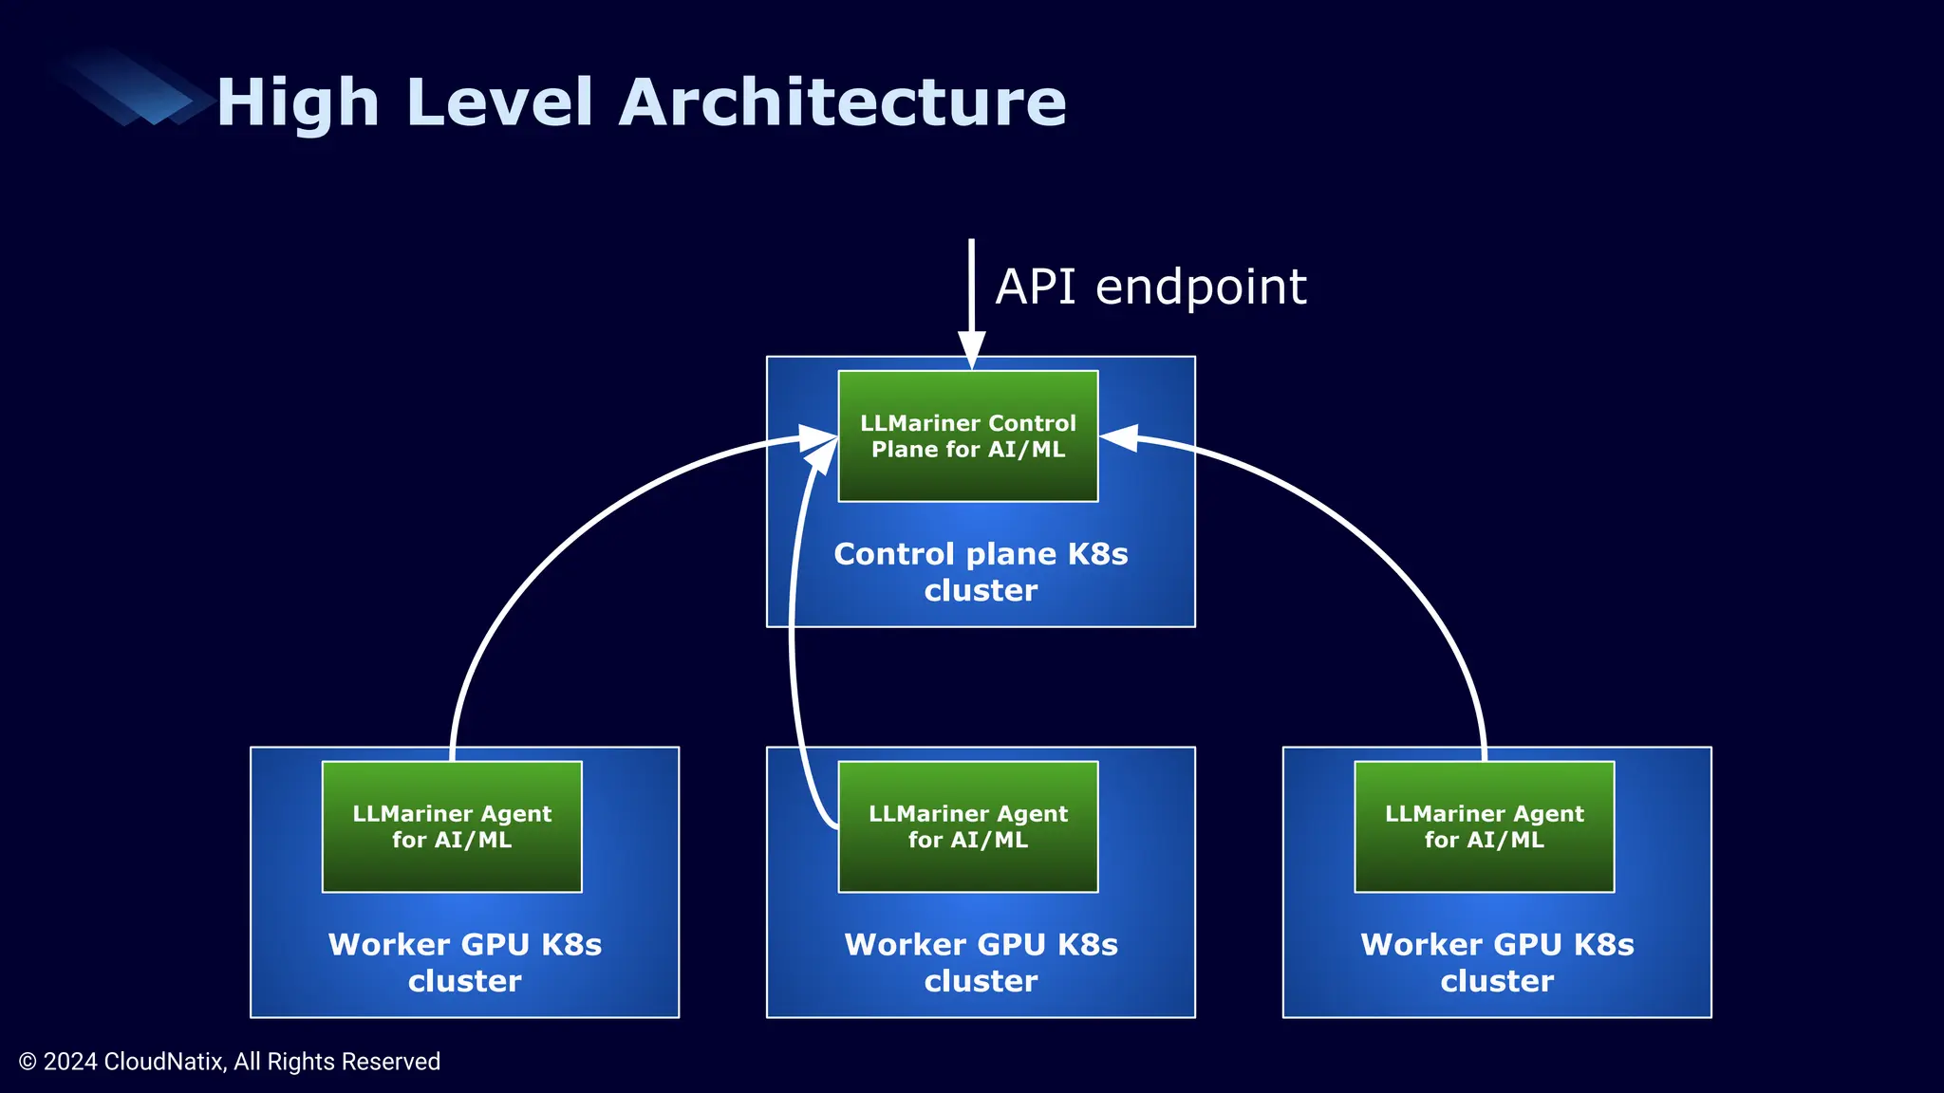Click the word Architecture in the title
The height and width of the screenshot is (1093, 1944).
pos(843,102)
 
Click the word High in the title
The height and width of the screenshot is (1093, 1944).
pos(298,102)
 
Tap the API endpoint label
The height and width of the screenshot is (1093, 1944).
pos(1150,287)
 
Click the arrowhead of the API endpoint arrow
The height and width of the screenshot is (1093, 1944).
pos(971,349)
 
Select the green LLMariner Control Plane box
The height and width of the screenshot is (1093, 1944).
pos(968,436)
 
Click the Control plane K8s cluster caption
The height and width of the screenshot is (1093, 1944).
pos(981,572)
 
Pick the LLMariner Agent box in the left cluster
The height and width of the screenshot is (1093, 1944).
pos(452,826)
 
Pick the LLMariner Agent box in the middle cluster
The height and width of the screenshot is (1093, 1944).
pos(968,826)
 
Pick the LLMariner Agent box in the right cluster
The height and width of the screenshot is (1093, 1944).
pos(1485,826)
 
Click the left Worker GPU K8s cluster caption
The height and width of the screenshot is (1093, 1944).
pos(464,962)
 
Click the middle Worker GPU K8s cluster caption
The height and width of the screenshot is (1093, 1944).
pos(981,962)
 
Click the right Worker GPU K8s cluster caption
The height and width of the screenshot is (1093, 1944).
pos(1497,962)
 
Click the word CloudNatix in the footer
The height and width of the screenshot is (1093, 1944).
pos(164,1062)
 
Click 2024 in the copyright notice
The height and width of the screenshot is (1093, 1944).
pos(70,1062)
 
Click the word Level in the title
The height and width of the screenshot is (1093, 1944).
pos(499,102)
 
